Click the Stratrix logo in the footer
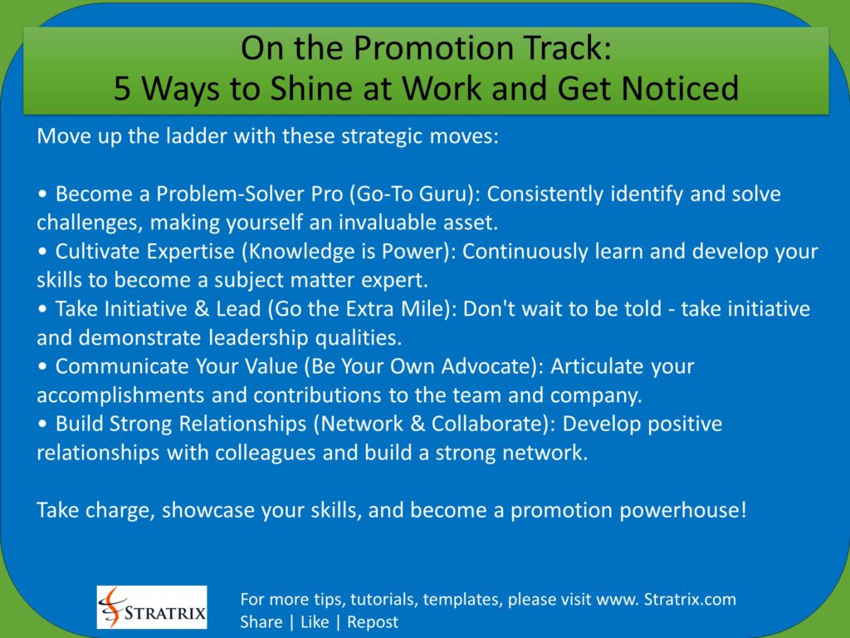(152, 606)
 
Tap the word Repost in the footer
(373, 621)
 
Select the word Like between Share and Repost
(315, 621)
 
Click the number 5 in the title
(122, 88)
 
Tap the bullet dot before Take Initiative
(42, 310)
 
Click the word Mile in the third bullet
(423, 309)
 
